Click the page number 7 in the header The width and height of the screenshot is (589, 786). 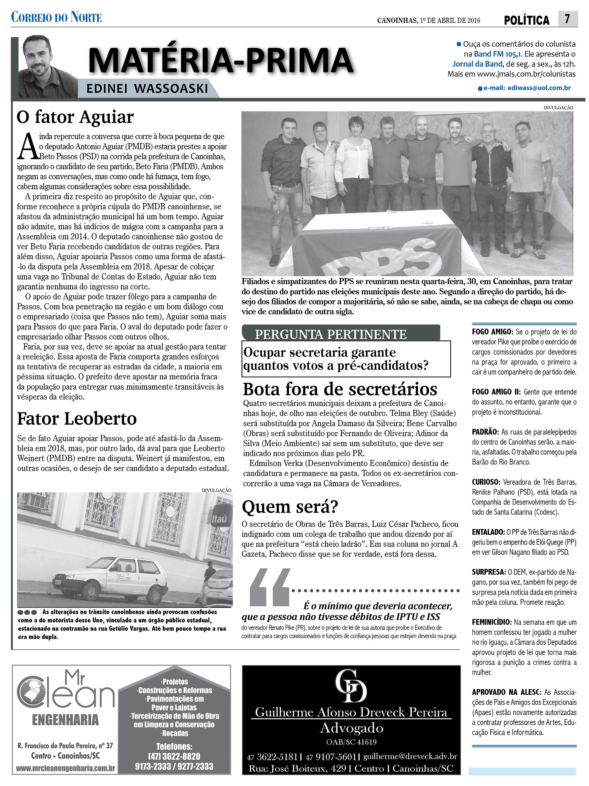(567, 19)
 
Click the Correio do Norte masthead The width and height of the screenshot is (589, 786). (57, 17)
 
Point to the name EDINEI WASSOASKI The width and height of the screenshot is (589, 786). (147, 88)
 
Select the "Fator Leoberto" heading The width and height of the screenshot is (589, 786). (77, 418)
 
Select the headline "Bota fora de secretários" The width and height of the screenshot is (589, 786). (340, 389)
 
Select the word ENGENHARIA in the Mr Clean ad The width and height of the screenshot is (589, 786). (65, 720)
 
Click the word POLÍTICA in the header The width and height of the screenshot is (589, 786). (527, 20)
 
